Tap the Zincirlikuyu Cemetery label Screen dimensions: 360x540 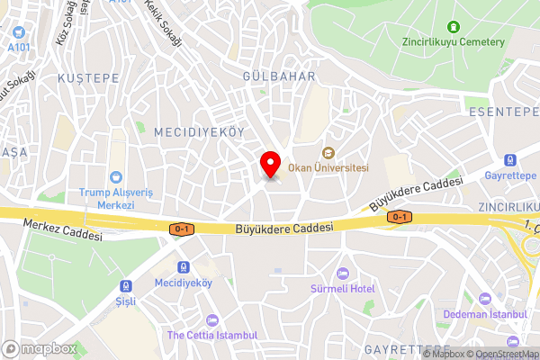click(x=454, y=40)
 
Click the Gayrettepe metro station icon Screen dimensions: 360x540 click(x=510, y=160)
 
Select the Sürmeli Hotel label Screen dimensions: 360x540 click(x=343, y=288)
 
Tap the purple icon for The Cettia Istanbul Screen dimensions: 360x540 click(x=212, y=320)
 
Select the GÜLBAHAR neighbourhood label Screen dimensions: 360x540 click(x=279, y=76)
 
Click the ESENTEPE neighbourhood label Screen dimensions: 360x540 click(x=502, y=112)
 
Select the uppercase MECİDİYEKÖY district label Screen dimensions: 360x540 click(x=199, y=131)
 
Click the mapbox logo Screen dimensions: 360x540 click(x=40, y=348)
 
